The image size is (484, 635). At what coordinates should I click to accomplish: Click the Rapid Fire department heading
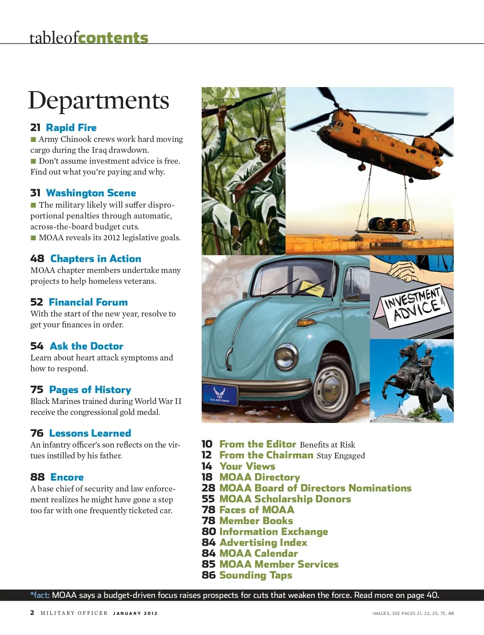71,128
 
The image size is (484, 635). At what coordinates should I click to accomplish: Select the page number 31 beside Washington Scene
35,193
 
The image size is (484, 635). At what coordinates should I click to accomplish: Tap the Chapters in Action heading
96,259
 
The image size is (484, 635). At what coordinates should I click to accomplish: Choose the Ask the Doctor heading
86,346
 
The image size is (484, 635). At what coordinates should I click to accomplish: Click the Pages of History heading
90,390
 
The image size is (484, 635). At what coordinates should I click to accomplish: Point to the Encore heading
67,477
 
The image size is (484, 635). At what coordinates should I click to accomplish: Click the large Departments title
98,100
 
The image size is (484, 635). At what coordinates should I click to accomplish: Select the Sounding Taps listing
256,575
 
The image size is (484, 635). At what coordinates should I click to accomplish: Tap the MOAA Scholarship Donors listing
285,499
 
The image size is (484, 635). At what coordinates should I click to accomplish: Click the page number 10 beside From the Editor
207,444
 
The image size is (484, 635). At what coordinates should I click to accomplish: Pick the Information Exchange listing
273,532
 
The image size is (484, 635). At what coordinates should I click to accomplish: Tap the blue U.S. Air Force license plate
220,394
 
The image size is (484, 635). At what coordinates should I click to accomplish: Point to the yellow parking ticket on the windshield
313,288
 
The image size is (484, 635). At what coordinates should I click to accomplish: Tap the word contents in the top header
113,38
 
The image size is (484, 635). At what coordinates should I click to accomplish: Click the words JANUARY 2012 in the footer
135,613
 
